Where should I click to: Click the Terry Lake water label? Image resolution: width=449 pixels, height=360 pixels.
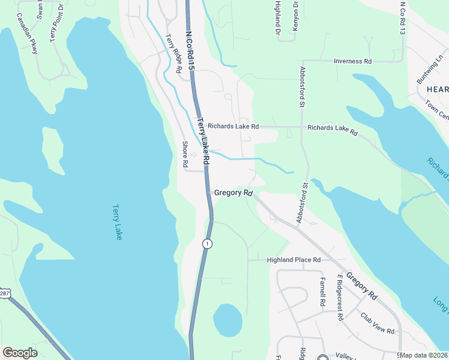117,223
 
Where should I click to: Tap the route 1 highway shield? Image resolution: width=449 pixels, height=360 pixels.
206,243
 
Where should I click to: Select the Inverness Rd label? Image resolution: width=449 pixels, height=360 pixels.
353,61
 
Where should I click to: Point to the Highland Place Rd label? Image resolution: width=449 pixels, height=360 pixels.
294,260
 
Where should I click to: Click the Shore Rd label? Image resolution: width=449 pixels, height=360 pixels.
185,154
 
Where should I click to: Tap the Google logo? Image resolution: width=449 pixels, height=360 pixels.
20,353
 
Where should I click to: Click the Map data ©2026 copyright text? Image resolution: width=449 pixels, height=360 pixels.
424,355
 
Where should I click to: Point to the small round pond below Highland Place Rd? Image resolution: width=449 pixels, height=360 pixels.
228,320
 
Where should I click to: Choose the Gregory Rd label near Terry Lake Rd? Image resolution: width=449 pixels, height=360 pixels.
232,193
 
